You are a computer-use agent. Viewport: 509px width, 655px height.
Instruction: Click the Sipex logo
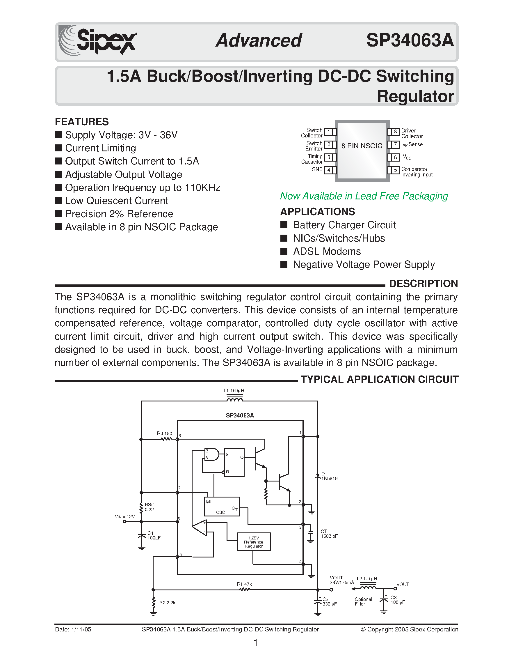click(97, 41)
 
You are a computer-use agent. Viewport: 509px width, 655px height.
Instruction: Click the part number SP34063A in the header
click(410, 40)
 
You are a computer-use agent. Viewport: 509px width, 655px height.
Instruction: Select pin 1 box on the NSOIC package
click(329, 132)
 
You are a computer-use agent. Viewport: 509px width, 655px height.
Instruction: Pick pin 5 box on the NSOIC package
click(395, 170)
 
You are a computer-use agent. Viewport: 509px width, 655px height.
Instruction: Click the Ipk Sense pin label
click(412, 145)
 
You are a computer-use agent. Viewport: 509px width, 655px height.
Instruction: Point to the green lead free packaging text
click(364, 196)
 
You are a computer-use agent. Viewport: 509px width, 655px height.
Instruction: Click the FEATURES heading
click(81, 122)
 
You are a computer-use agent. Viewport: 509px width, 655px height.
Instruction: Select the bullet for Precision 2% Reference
click(59, 214)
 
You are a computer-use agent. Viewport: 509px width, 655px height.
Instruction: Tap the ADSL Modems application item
click(327, 251)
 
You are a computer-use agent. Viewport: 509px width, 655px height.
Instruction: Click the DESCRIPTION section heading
click(423, 284)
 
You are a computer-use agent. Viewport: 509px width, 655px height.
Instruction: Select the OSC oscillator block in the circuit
click(221, 507)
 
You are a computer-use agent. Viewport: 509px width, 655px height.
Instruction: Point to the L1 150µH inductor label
click(234, 391)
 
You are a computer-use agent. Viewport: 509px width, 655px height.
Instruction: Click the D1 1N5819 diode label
click(329, 476)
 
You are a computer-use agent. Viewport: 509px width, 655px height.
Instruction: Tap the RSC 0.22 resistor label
click(149, 507)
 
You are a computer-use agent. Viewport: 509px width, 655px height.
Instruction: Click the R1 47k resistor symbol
click(244, 589)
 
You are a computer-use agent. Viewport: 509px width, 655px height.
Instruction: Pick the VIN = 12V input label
click(125, 517)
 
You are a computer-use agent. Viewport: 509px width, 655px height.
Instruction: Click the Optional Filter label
click(363, 602)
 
